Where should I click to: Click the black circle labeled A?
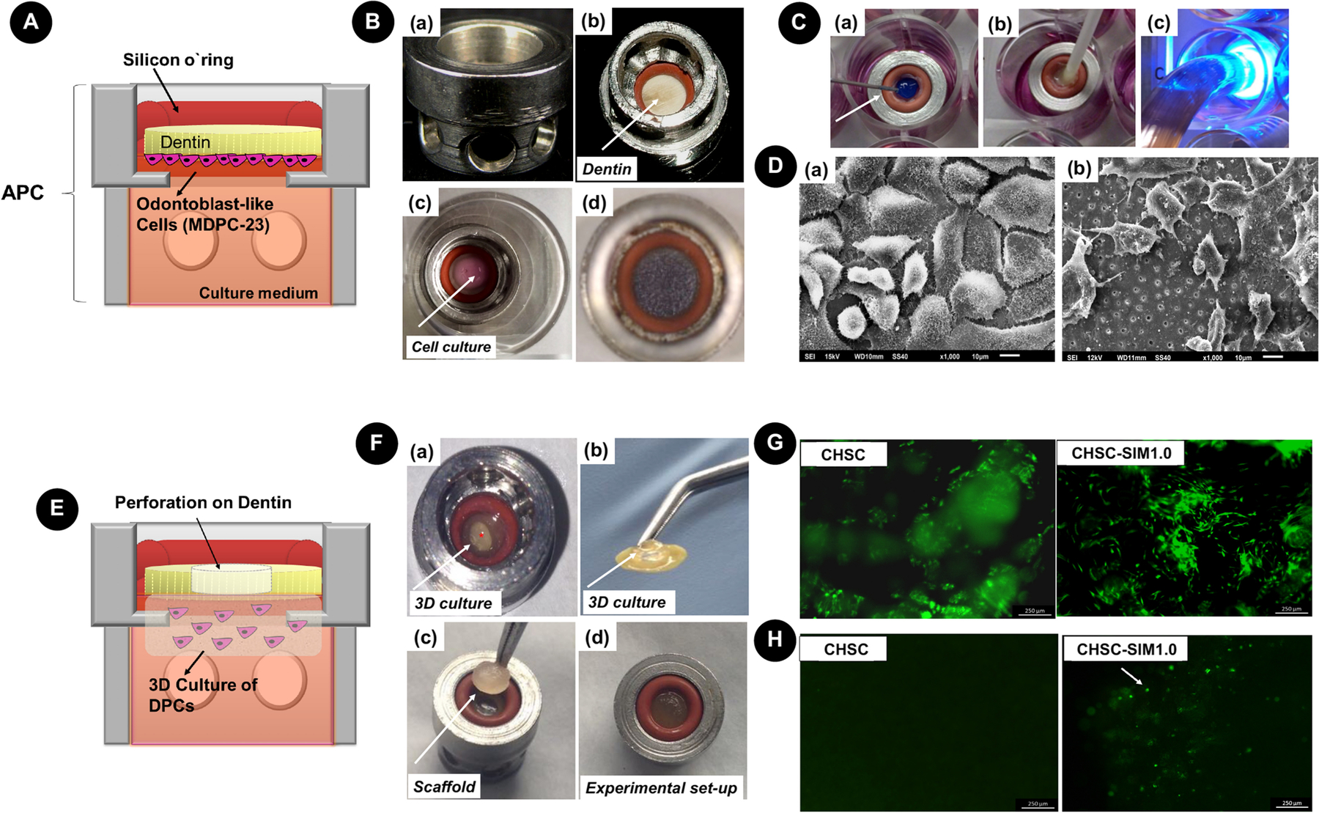(x=31, y=22)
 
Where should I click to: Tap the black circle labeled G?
(x=775, y=443)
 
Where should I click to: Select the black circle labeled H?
(x=775, y=639)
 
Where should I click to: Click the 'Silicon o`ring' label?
(x=178, y=60)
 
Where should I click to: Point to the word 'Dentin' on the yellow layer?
(x=185, y=142)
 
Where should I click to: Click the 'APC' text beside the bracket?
(x=23, y=193)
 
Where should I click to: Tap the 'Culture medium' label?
(x=259, y=293)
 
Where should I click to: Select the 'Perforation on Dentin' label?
(x=203, y=503)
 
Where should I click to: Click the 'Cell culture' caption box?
(x=451, y=347)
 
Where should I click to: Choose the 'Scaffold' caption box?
(x=444, y=787)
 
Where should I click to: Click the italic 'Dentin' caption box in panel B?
(x=607, y=169)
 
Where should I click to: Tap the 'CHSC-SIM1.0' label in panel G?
(x=1121, y=454)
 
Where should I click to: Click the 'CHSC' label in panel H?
(x=846, y=650)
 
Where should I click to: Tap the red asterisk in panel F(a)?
(x=481, y=535)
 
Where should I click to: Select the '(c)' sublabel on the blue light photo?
(x=1158, y=23)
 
